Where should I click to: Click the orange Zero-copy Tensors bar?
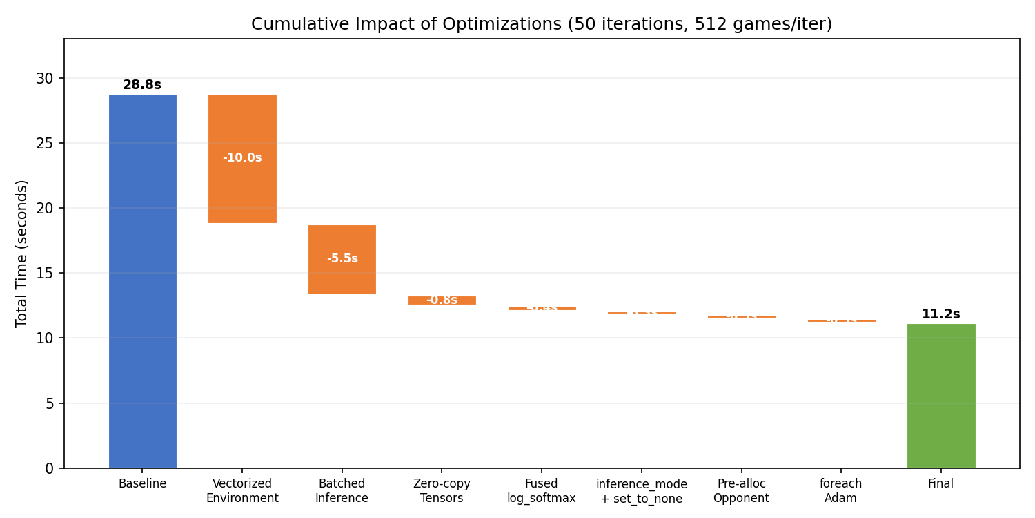[x=442, y=300]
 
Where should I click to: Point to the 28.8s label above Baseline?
[x=142, y=85]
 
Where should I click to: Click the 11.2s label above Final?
[x=940, y=314]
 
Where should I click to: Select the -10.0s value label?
[x=242, y=157]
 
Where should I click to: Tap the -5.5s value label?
[x=342, y=258]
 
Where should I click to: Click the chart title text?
[x=542, y=24]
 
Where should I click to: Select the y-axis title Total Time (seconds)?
[x=22, y=253]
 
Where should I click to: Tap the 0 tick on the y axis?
[x=49, y=468]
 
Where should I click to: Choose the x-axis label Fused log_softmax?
[x=542, y=490]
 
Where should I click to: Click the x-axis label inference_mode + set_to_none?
[x=641, y=491]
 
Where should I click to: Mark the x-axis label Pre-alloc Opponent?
[x=741, y=490]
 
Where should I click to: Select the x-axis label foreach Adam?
[x=840, y=490]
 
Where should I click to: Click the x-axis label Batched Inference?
[x=342, y=490]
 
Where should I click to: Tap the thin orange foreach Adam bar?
[x=841, y=320]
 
